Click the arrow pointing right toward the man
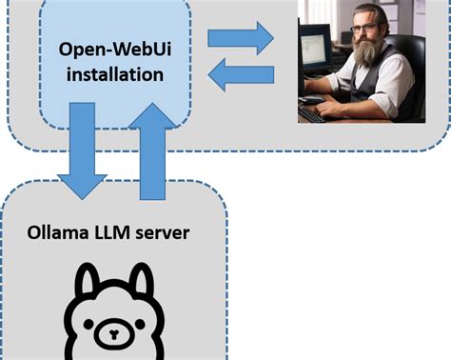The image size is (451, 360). pos(241,38)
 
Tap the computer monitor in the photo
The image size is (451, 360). pos(314,52)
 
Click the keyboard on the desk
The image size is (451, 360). pos(311,113)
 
